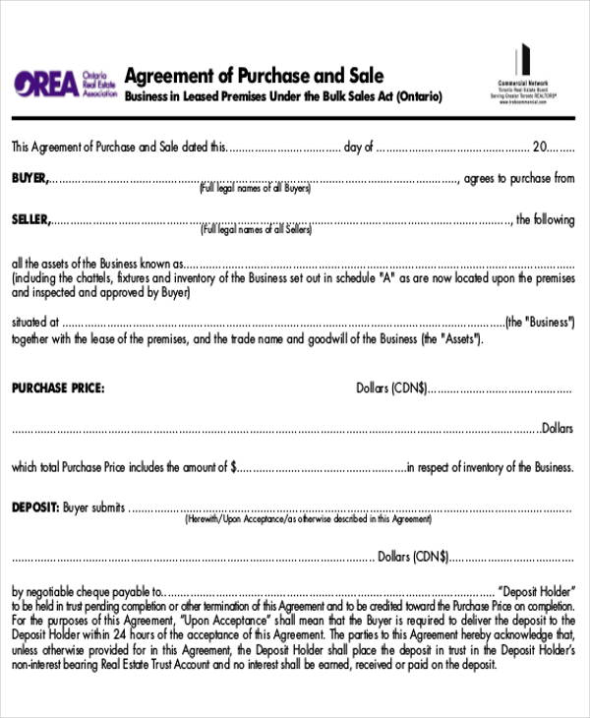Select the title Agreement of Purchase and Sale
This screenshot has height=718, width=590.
[x=255, y=76]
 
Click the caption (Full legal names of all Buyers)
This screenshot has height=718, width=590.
[x=256, y=188]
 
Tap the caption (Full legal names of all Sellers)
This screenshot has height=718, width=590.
[x=257, y=230]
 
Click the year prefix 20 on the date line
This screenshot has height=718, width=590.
[x=539, y=148]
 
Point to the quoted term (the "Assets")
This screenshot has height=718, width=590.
[x=453, y=338]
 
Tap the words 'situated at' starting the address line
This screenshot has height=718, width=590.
[x=35, y=322]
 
